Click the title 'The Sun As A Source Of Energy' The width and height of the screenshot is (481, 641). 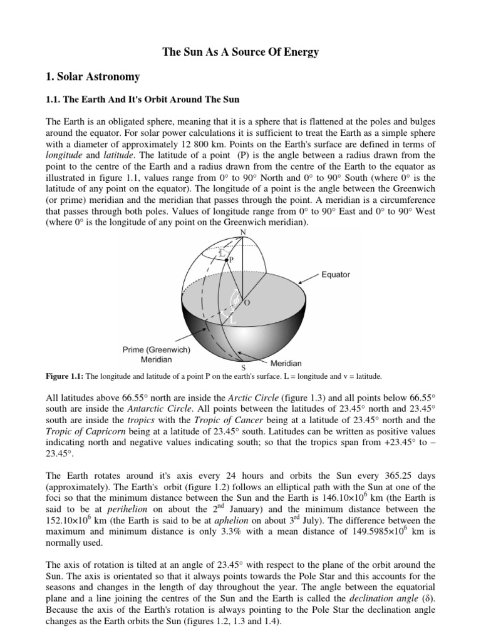coord(240,53)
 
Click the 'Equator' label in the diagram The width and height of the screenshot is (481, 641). coord(336,274)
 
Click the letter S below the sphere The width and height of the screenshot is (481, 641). coord(243,367)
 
